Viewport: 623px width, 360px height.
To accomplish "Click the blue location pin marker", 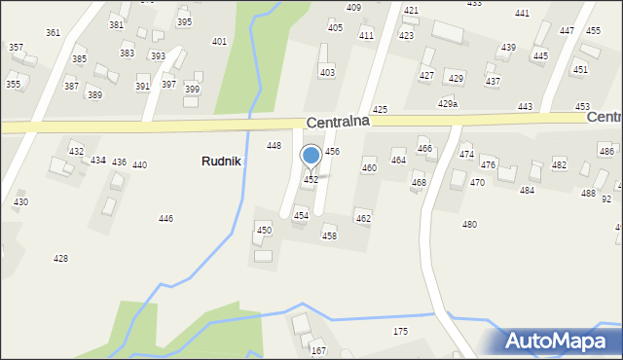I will click(311, 157).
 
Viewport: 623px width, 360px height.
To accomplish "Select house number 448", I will click(275, 145).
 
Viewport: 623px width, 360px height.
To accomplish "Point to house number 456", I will click(332, 152).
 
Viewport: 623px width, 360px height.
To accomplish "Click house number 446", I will click(166, 219).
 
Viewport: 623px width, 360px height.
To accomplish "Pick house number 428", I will click(60, 258).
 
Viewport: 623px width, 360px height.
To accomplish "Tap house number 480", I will click(469, 225).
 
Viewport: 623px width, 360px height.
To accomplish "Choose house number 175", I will click(400, 332).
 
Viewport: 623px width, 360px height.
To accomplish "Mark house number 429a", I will click(448, 103).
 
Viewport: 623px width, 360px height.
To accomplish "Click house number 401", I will click(219, 42).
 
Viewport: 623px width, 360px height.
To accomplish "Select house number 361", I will click(53, 33).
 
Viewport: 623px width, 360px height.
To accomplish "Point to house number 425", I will click(380, 110).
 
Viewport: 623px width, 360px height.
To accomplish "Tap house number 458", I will click(329, 236).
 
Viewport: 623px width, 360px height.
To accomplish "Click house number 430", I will click(20, 202).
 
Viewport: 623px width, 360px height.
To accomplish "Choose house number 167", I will click(318, 351).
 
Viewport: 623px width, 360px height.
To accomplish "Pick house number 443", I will click(525, 107).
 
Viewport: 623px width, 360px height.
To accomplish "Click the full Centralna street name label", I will click(338, 123).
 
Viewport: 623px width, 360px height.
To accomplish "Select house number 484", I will click(527, 191).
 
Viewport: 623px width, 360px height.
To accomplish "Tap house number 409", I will click(353, 8).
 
